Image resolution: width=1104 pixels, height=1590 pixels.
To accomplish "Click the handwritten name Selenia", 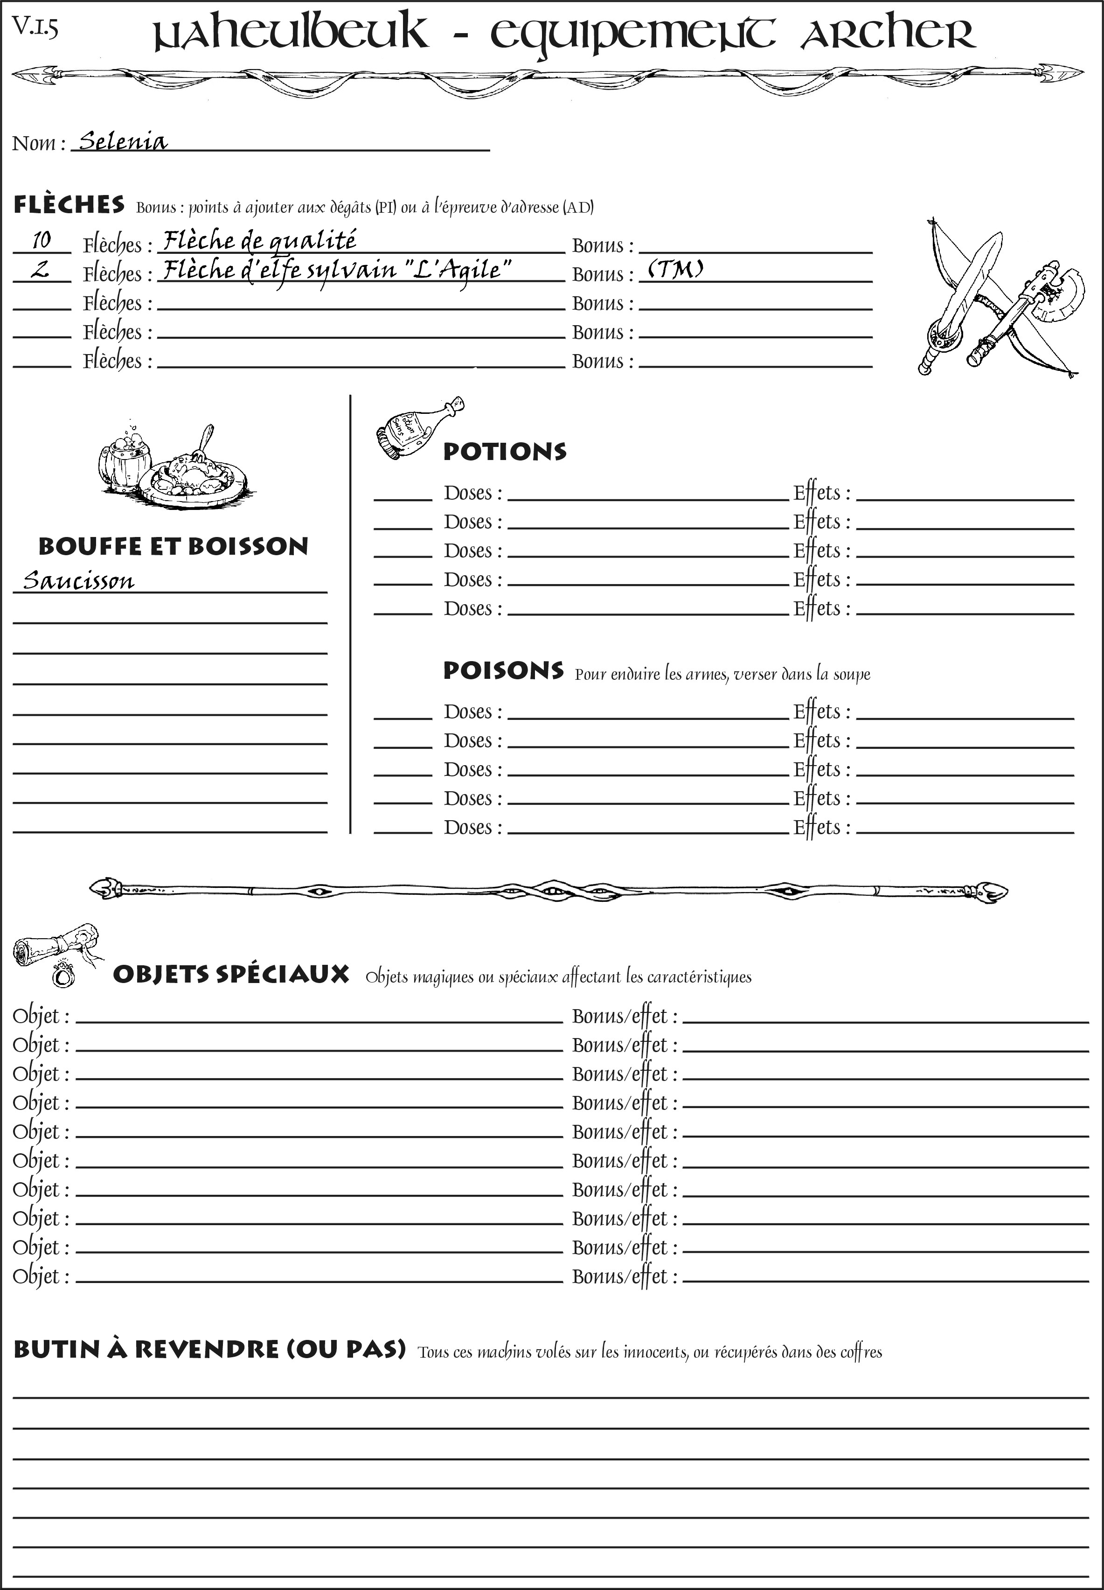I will click(123, 142).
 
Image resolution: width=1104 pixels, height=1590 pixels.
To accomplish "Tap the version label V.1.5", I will click(35, 27).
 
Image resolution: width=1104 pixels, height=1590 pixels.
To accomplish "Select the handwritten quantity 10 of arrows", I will click(42, 240).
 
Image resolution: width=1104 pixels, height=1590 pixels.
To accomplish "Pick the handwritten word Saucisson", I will click(78, 580).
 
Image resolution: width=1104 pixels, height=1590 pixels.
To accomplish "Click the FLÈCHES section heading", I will click(69, 205).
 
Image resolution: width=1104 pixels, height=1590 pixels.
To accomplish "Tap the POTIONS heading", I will click(504, 452).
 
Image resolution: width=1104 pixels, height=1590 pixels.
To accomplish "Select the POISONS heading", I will click(503, 670).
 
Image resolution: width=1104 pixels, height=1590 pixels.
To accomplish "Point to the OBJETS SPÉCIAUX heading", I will click(231, 974).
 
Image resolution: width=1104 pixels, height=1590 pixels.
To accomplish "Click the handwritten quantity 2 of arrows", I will click(40, 269).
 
